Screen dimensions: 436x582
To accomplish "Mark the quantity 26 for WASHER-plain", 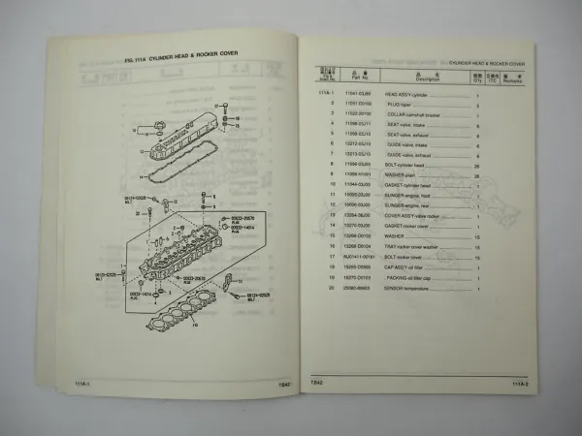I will pos(477,173).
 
